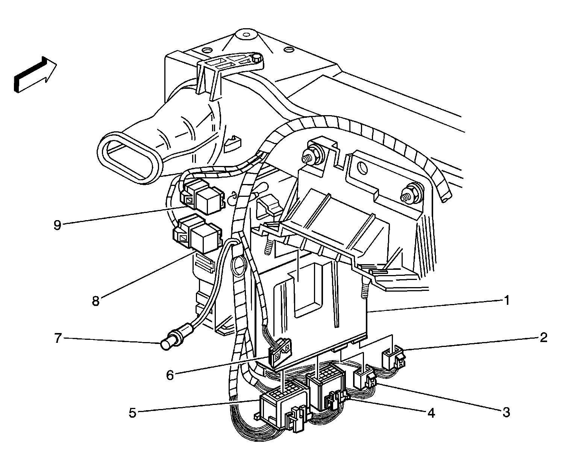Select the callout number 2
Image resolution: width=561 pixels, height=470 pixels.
click(543, 338)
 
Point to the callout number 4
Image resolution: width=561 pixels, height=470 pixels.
click(431, 413)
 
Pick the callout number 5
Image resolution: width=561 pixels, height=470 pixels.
click(132, 412)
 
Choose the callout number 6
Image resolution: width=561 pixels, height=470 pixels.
click(170, 375)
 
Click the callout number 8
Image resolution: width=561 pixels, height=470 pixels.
click(96, 301)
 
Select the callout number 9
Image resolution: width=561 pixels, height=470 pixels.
click(57, 225)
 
